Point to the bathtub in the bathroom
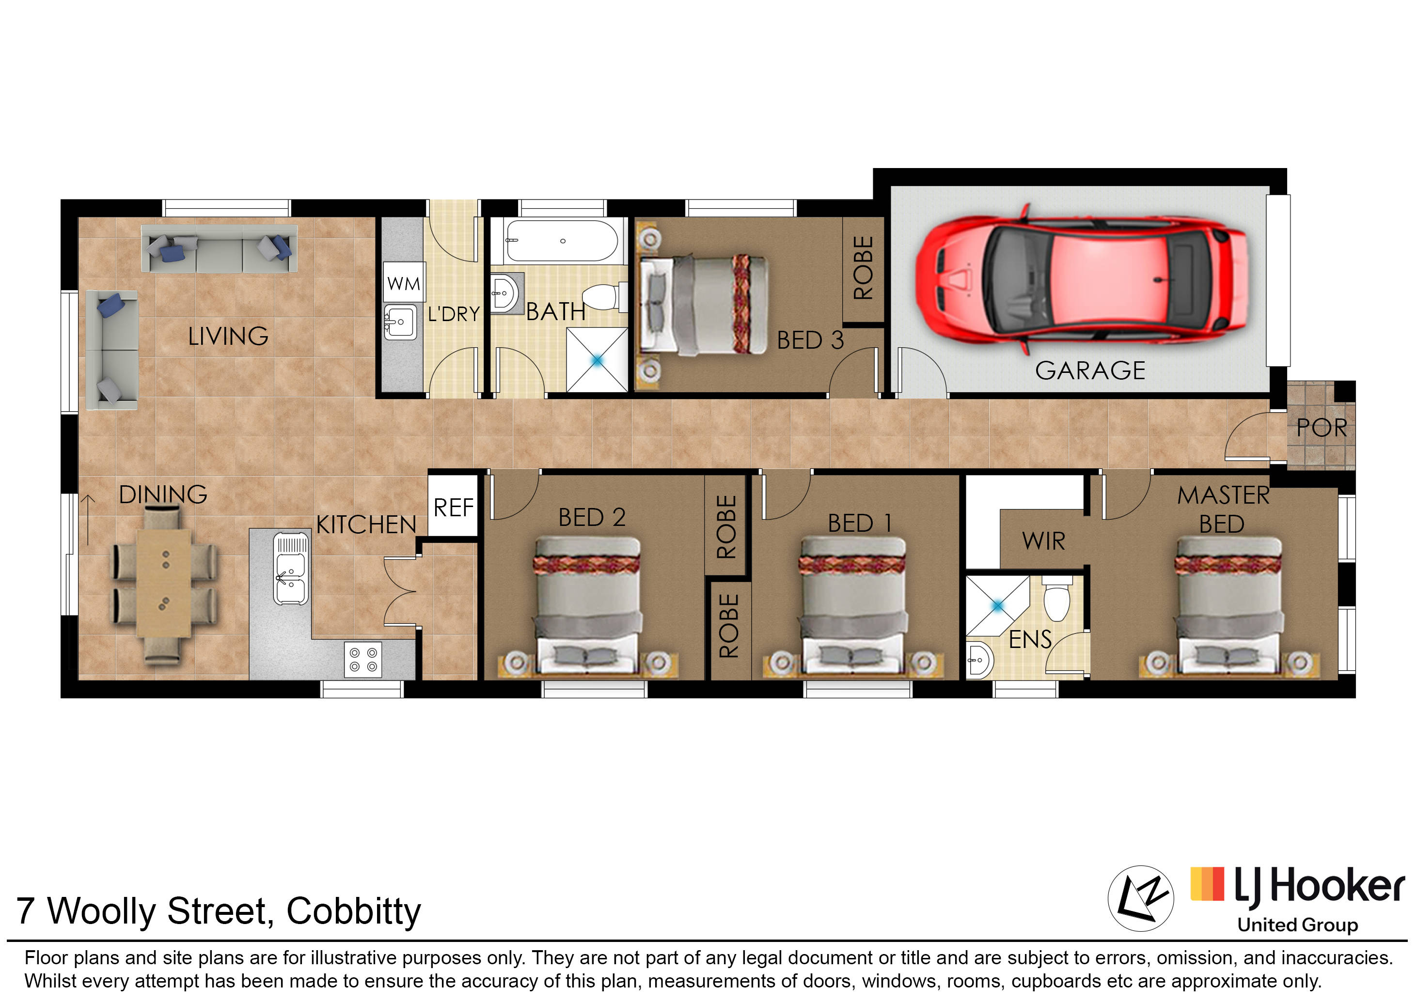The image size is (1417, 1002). tap(561, 241)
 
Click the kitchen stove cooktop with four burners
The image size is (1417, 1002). tap(363, 660)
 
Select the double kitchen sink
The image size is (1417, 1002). tap(291, 568)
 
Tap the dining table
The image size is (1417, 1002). tap(164, 583)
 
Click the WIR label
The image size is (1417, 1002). tap(1043, 541)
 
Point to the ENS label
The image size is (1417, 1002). tap(1030, 639)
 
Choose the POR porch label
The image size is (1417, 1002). tap(1322, 428)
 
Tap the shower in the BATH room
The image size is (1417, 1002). tap(597, 360)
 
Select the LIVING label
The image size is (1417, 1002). tap(228, 336)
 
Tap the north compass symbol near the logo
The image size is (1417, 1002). tap(1141, 898)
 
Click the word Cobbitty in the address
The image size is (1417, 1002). tap(353, 911)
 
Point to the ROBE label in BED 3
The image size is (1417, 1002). tap(863, 268)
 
